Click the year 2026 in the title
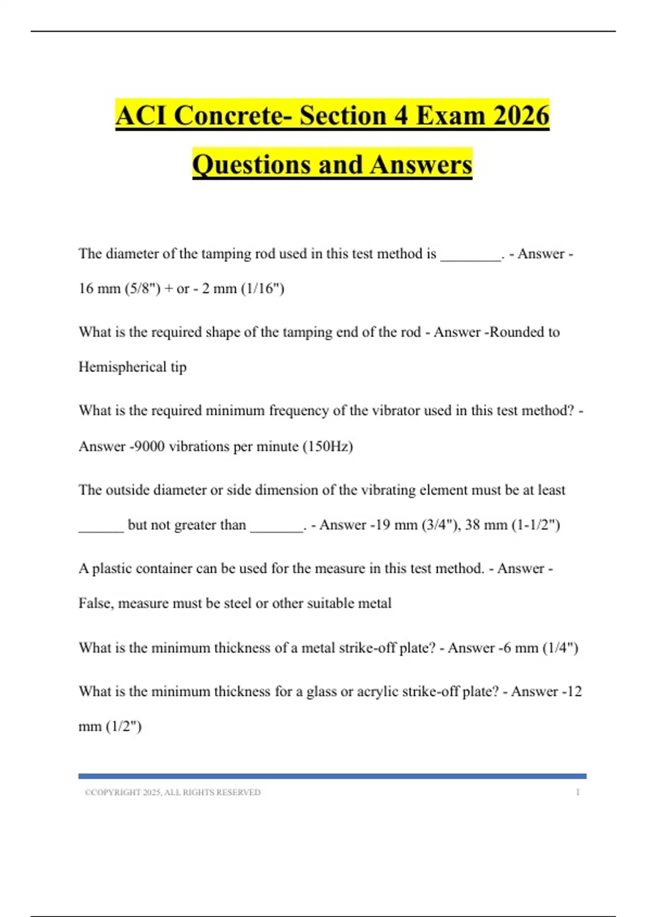pyautogui.click(x=521, y=115)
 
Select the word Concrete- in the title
pyautogui.click(x=234, y=115)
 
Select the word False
pyautogui.click(x=95, y=603)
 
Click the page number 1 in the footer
pyautogui.click(x=577, y=792)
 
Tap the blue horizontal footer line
pyautogui.click(x=332, y=776)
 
